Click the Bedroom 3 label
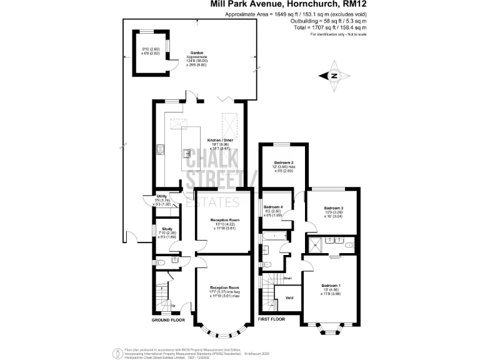[x=333, y=207]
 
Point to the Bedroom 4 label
[x=273, y=207]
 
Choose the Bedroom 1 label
[x=331, y=285]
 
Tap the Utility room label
[x=161, y=196]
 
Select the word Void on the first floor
[x=289, y=297]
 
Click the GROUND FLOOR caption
[x=169, y=319]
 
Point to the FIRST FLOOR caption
[x=271, y=319]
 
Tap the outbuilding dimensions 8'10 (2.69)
[x=151, y=49]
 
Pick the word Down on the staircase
[x=287, y=278]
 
